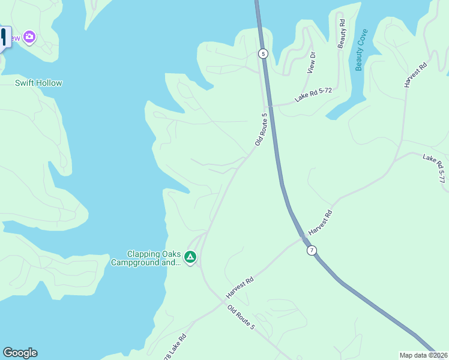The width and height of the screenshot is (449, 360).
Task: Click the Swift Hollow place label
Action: pyautogui.click(x=38, y=83)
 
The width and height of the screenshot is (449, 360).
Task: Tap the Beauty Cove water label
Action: pyautogui.click(x=360, y=50)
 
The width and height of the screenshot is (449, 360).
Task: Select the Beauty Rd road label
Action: pyautogui.click(x=342, y=34)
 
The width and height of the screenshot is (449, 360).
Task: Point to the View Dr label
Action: pyautogui.click(x=311, y=62)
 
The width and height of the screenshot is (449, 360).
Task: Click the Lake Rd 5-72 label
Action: pyautogui.click(x=313, y=94)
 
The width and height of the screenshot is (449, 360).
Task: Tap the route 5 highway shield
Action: pyautogui.click(x=263, y=53)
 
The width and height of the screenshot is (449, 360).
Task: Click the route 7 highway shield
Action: pyautogui.click(x=311, y=250)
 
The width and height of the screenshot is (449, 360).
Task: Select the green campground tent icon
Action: pyautogui.click(x=190, y=257)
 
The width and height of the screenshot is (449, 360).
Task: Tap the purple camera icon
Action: pyautogui.click(x=29, y=37)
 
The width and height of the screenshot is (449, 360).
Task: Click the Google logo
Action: pyautogui.click(x=20, y=353)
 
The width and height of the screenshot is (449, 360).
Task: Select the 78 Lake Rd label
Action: pyautogui.click(x=174, y=347)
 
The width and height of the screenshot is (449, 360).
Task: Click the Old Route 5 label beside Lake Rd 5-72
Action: pyautogui.click(x=260, y=129)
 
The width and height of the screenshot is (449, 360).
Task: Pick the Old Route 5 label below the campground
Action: pyautogui.click(x=241, y=317)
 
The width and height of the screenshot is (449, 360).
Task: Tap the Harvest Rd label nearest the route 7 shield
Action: pyautogui.click(x=320, y=223)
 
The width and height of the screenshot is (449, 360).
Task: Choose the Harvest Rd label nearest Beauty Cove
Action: pyautogui.click(x=415, y=74)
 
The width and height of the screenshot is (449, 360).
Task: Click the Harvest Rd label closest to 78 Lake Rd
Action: pyautogui.click(x=240, y=287)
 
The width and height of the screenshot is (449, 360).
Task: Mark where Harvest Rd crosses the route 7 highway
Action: pyautogui.click(x=302, y=238)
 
